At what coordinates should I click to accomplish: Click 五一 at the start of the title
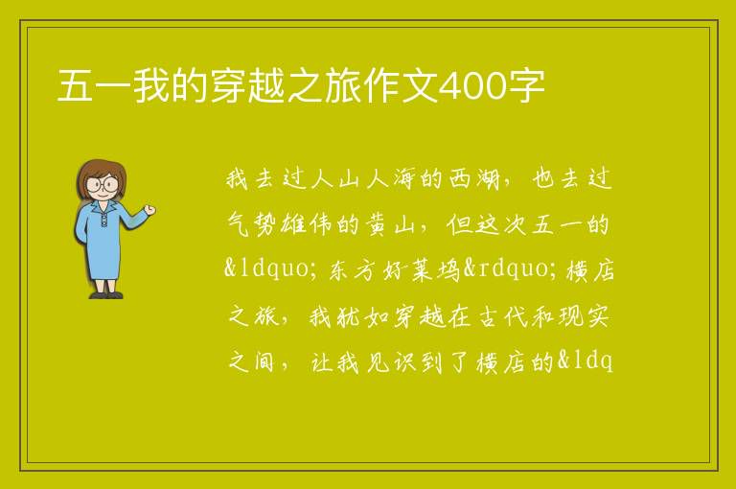click(x=94, y=86)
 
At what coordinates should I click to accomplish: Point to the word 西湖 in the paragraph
click(x=474, y=179)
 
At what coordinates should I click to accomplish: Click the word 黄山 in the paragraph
click(x=391, y=224)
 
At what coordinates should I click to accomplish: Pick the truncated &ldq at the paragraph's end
click(x=586, y=362)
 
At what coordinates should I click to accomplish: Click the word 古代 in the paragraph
click(x=503, y=316)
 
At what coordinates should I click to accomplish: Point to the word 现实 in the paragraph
click(x=585, y=316)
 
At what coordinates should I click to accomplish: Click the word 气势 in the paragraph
click(x=253, y=224)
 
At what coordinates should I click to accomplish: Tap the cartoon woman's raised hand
click(x=149, y=210)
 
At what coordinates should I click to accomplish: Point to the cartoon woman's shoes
click(x=106, y=295)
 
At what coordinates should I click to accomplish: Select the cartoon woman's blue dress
click(x=101, y=240)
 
